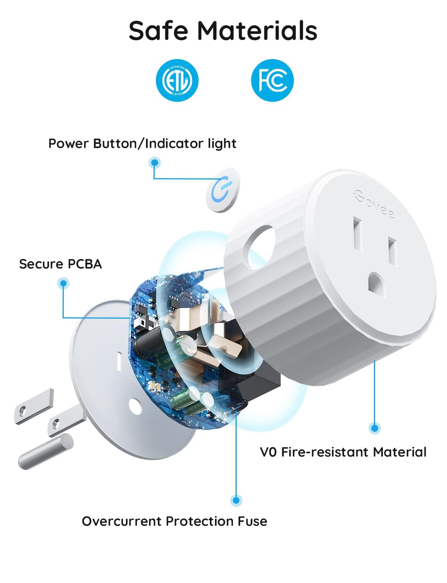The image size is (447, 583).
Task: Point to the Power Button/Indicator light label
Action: (142, 143)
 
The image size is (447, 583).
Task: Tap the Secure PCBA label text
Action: (60, 264)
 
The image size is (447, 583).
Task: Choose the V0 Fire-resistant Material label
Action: (343, 452)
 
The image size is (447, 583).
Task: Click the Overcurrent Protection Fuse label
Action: (175, 521)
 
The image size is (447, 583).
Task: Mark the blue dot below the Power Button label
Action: (155, 163)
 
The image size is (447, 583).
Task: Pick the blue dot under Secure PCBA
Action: (63, 283)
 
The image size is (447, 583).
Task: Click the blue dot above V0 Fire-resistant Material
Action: (374, 428)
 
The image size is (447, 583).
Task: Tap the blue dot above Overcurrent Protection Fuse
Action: (236, 500)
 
